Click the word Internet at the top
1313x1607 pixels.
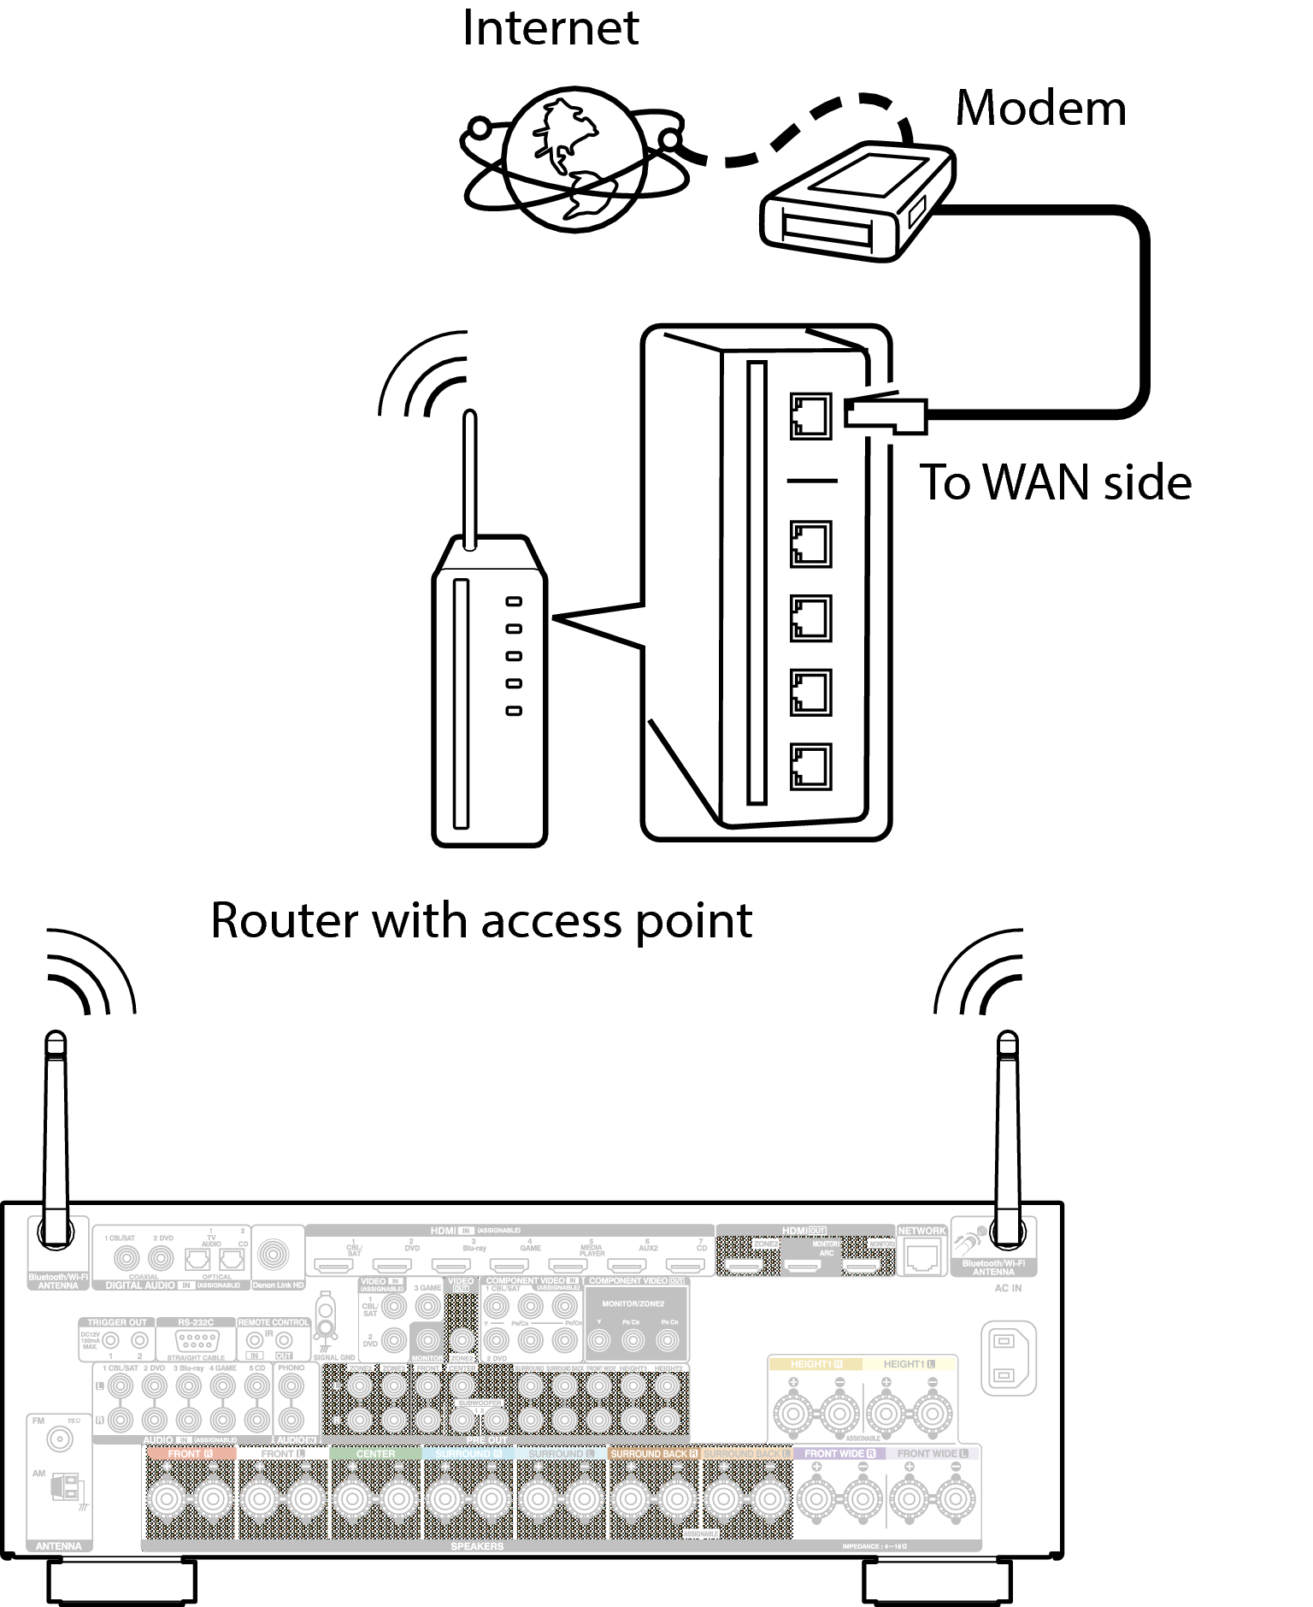coord(550,29)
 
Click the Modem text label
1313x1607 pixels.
coord(1039,109)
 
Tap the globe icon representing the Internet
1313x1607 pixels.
coord(573,160)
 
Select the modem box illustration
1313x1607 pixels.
coord(856,203)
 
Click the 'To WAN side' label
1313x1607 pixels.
coord(1054,482)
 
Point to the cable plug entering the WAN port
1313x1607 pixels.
coord(885,414)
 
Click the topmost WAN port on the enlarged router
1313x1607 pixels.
coord(810,417)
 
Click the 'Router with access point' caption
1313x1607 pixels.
coord(481,921)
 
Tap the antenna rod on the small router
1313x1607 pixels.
coord(469,479)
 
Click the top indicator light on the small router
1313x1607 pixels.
coord(513,602)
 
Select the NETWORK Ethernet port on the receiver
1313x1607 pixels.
coord(921,1256)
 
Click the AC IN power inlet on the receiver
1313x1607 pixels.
coord(1008,1358)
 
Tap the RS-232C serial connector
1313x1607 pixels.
coord(196,1341)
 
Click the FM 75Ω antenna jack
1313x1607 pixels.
coord(59,1439)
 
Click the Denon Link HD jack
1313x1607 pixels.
coord(274,1255)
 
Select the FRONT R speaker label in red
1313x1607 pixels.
coord(190,1453)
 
